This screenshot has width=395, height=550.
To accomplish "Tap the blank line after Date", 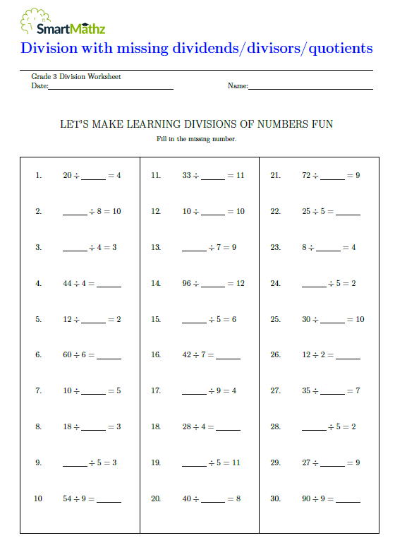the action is (111, 88).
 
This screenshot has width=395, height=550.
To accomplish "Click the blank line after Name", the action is (310, 88).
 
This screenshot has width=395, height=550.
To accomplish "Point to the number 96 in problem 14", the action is (187, 283).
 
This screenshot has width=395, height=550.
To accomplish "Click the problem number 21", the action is (275, 175).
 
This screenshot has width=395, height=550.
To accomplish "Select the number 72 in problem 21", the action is (306, 175).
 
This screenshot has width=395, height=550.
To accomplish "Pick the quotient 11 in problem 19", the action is (236, 462).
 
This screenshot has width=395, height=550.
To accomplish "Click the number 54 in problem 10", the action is (68, 498).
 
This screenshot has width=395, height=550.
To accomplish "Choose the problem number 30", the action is (275, 498).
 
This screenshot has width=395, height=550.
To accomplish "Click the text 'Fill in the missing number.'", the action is (196, 139).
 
